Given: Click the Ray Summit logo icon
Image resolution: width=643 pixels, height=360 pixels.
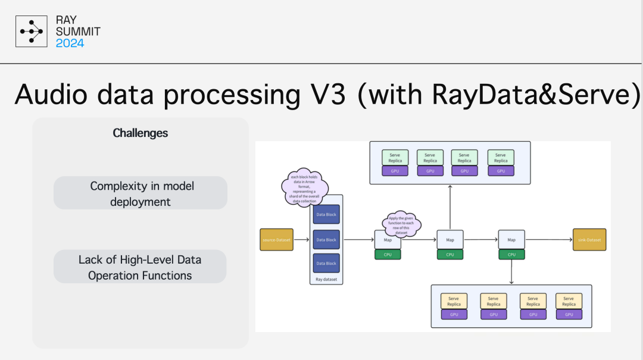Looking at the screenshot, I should [31, 32].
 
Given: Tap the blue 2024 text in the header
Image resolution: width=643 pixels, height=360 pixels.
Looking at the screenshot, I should [70, 43].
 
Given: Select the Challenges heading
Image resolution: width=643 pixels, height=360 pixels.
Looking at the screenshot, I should [141, 133].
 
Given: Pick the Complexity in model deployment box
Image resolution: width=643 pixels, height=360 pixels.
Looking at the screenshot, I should [141, 193].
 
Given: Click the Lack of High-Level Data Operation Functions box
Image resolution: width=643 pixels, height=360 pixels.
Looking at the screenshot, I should [141, 267].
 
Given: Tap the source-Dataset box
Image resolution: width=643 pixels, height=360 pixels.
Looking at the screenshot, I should [276, 240].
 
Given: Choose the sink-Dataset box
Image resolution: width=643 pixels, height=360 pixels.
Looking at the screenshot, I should [589, 240].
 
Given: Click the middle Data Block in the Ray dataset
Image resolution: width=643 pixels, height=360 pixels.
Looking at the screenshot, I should [326, 240].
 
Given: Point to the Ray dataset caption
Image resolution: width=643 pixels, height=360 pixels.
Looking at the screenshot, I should [326, 278].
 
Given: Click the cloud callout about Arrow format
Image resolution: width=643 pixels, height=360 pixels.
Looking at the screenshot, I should [305, 186].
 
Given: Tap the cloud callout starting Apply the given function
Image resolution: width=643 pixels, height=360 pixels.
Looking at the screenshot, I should [401, 224].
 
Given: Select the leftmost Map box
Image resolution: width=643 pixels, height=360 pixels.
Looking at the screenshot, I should [388, 240].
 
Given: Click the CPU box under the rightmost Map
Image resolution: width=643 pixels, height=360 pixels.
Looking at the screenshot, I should [511, 255].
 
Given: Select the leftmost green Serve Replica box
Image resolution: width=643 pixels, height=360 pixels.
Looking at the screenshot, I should [395, 158].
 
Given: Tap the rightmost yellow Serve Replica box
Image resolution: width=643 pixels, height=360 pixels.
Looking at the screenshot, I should [569, 301].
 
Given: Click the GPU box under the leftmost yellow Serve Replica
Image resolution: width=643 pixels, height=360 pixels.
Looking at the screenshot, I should [454, 314].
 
